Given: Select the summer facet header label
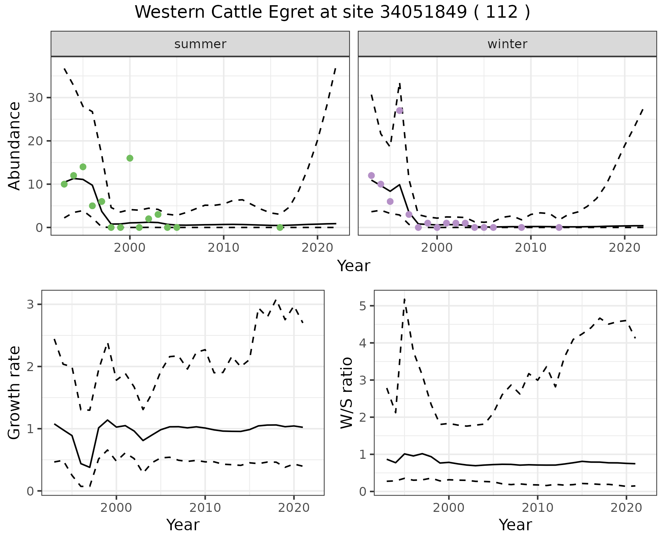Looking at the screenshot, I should pyautogui.click(x=200, y=44).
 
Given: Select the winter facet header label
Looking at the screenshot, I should pyautogui.click(x=507, y=44).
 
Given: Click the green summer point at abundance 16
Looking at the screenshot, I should pyautogui.click(x=130, y=158).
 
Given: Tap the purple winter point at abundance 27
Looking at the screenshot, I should pyautogui.click(x=399, y=111).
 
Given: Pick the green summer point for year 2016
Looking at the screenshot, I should pyautogui.click(x=280, y=227).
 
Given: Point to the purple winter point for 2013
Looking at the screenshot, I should pyautogui.click(x=559, y=227).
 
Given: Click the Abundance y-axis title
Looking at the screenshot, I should pyautogui.click(x=15, y=146).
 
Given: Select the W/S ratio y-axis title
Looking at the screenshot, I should pyautogui.click(x=346, y=393).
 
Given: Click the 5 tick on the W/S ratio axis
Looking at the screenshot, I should pyautogui.click(x=362, y=306).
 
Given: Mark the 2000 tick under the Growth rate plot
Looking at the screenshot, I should pyautogui.click(x=116, y=508).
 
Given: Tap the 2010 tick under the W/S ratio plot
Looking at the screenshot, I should pyautogui.click(x=537, y=508).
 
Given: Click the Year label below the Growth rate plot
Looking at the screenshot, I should pyautogui.click(x=183, y=525).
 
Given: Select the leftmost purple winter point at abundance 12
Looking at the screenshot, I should pyautogui.click(x=371, y=175).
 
